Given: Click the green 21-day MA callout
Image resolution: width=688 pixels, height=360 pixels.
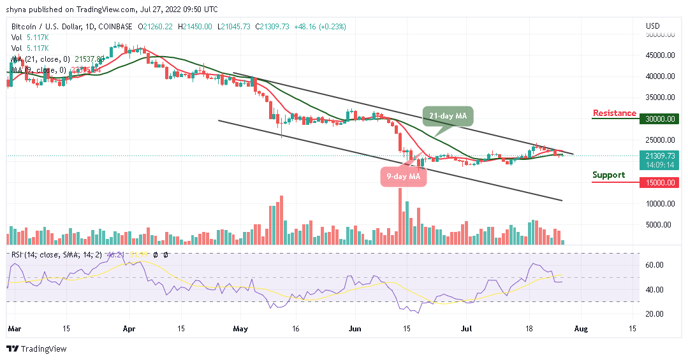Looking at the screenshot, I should pyautogui.click(x=447, y=115).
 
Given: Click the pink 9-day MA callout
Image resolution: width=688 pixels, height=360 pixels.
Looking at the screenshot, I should pyautogui.click(x=403, y=176).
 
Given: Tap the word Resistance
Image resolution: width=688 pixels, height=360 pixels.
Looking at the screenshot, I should pyautogui.click(x=614, y=113).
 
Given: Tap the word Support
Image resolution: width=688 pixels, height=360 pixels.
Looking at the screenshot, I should pyautogui.click(x=608, y=175).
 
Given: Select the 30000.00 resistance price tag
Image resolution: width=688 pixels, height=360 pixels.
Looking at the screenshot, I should pyautogui.click(x=659, y=119).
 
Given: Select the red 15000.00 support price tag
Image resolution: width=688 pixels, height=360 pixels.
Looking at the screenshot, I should pyautogui.click(x=659, y=182).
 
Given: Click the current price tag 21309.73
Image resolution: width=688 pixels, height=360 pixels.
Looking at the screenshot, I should pyautogui.click(x=659, y=155).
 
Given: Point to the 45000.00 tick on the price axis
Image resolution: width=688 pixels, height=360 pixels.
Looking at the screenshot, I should pyautogui.click(x=659, y=55).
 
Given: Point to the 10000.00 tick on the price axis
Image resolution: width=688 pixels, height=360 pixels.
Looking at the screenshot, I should pyautogui.click(x=659, y=204).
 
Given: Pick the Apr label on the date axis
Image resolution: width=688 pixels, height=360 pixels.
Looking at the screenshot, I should pyautogui.click(x=130, y=329).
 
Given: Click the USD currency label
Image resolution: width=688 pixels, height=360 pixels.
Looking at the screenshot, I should pyautogui.click(x=652, y=26).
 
